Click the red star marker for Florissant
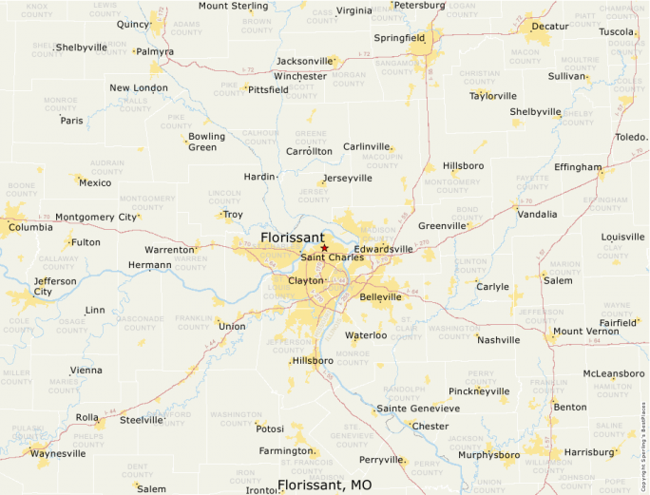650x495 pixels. pyautogui.click(x=324, y=248)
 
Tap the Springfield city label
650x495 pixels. pyautogui.click(x=399, y=38)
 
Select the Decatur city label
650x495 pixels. pyautogui.click(x=550, y=27)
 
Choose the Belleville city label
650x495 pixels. pyautogui.click(x=380, y=297)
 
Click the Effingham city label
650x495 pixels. pyautogui.click(x=578, y=167)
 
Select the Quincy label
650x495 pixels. pyautogui.click(x=133, y=24)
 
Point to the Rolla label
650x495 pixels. pyautogui.click(x=86, y=417)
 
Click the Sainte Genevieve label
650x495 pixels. pyautogui.click(x=418, y=409)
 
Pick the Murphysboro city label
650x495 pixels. pyautogui.click(x=488, y=455)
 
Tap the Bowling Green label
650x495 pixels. pyautogui.click(x=206, y=142)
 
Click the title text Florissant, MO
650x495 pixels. pyautogui.click(x=324, y=485)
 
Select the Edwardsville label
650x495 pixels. pyautogui.click(x=384, y=249)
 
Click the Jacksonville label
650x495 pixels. pyautogui.click(x=304, y=61)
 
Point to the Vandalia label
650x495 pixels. pyautogui.click(x=537, y=215)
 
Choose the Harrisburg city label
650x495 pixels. pyautogui.click(x=589, y=452)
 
